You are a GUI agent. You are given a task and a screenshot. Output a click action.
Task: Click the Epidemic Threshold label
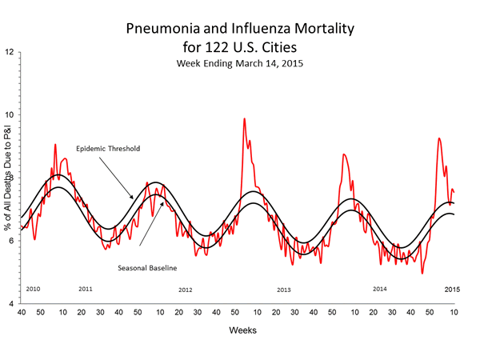coord(106,150)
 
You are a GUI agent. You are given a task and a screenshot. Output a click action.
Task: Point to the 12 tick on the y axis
coord(10,53)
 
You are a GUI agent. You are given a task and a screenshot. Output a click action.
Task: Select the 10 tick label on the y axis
coord(10,115)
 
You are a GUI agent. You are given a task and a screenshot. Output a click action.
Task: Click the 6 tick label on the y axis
coord(10,242)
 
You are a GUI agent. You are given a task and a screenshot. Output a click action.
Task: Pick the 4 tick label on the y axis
coord(10,304)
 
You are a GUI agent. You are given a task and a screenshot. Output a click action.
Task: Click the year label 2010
coord(33,288)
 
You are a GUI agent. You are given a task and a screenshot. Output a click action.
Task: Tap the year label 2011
coord(86,288)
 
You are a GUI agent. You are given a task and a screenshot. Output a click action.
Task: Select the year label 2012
coord(186,289)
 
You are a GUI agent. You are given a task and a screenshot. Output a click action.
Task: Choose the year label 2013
coord(284,289)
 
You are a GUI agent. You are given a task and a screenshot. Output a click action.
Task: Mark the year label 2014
coord(380,288)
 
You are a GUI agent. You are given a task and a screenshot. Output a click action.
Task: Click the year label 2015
coord(453,288)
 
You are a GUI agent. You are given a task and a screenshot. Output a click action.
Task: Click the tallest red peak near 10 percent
coord(244,119)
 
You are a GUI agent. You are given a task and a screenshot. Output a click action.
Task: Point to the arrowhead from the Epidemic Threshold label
coord(134,197)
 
